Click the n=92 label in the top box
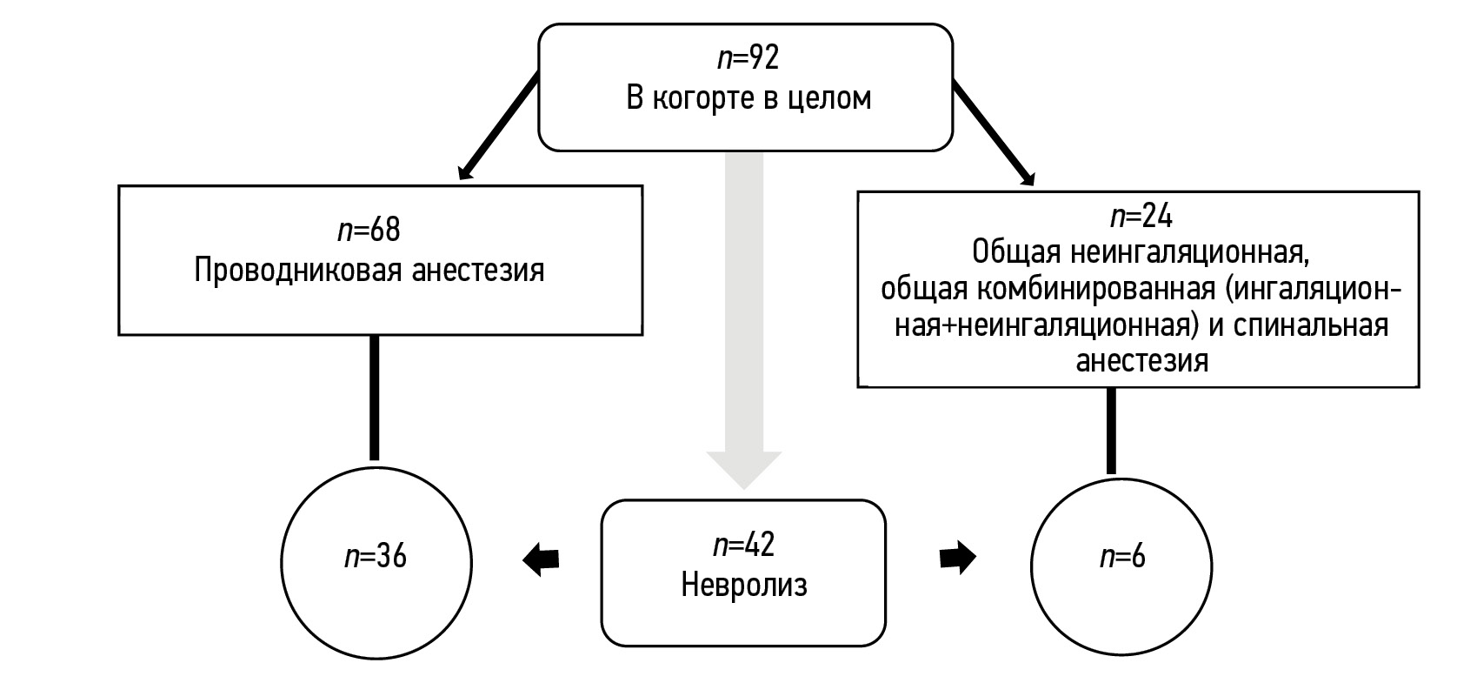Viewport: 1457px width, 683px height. coord(748,58)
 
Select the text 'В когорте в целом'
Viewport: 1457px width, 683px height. coord(748,98)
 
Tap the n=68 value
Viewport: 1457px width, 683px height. coord(369,230)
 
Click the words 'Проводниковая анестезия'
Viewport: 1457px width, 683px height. coord(369,271)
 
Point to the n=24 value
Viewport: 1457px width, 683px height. coord(1141,215)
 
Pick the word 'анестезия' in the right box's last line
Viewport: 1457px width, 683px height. coord(1141,360)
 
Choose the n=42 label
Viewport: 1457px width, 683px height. coord(743,545)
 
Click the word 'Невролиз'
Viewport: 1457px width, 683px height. coord(743,585)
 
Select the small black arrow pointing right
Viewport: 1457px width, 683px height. coord(957,558)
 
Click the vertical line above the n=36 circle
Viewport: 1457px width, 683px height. coord(375,397)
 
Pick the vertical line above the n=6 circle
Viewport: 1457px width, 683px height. coord(1111,431)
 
